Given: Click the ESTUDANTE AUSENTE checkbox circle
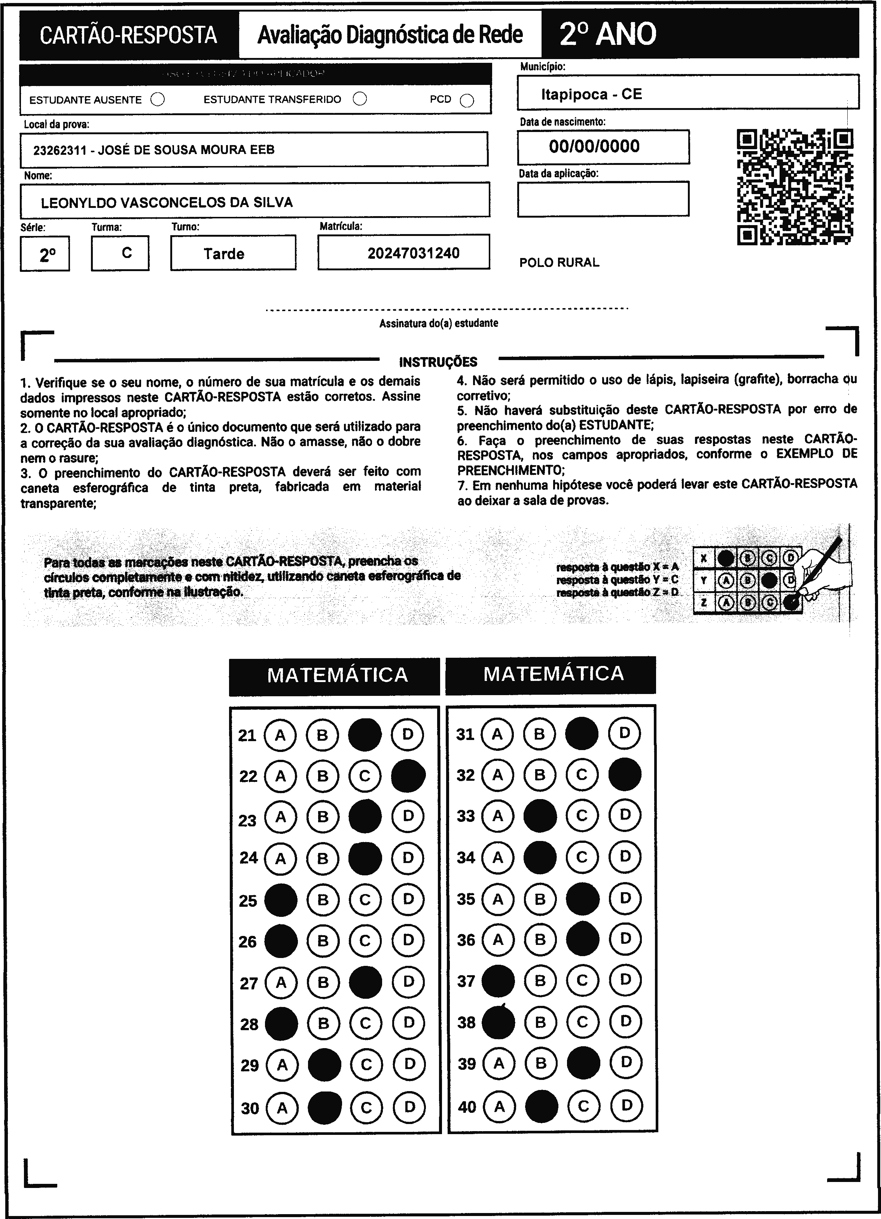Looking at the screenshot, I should click(x=158, y=99).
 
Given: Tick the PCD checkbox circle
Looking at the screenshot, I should click(x=467, y=101).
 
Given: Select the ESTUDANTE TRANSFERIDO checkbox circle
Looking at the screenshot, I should click(x=360, y=99).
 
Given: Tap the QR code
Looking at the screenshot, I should click(x=795, y=187).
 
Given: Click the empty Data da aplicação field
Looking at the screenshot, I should click(x=603, y=199).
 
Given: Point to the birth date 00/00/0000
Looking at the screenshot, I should click(x=594, y=146).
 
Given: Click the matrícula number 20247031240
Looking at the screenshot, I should click(x=413, y=253).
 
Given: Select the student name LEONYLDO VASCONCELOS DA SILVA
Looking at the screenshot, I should click(x=167, y=203).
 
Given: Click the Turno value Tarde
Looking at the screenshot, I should click(x=224, y=254).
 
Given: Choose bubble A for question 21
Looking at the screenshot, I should click(x=280, y=735).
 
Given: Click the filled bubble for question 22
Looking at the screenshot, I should click(x=408, y=776).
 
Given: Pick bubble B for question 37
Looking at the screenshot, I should click(x=540, y=981).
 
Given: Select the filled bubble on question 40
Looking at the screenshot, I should click(x=541, y=1106).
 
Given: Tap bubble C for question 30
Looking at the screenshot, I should click(x=366, y=1107).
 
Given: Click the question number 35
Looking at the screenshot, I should click(x=466, y=899).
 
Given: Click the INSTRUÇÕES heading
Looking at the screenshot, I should click(x=438, y=362).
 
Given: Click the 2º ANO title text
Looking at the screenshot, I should click(x=608, y=34).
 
